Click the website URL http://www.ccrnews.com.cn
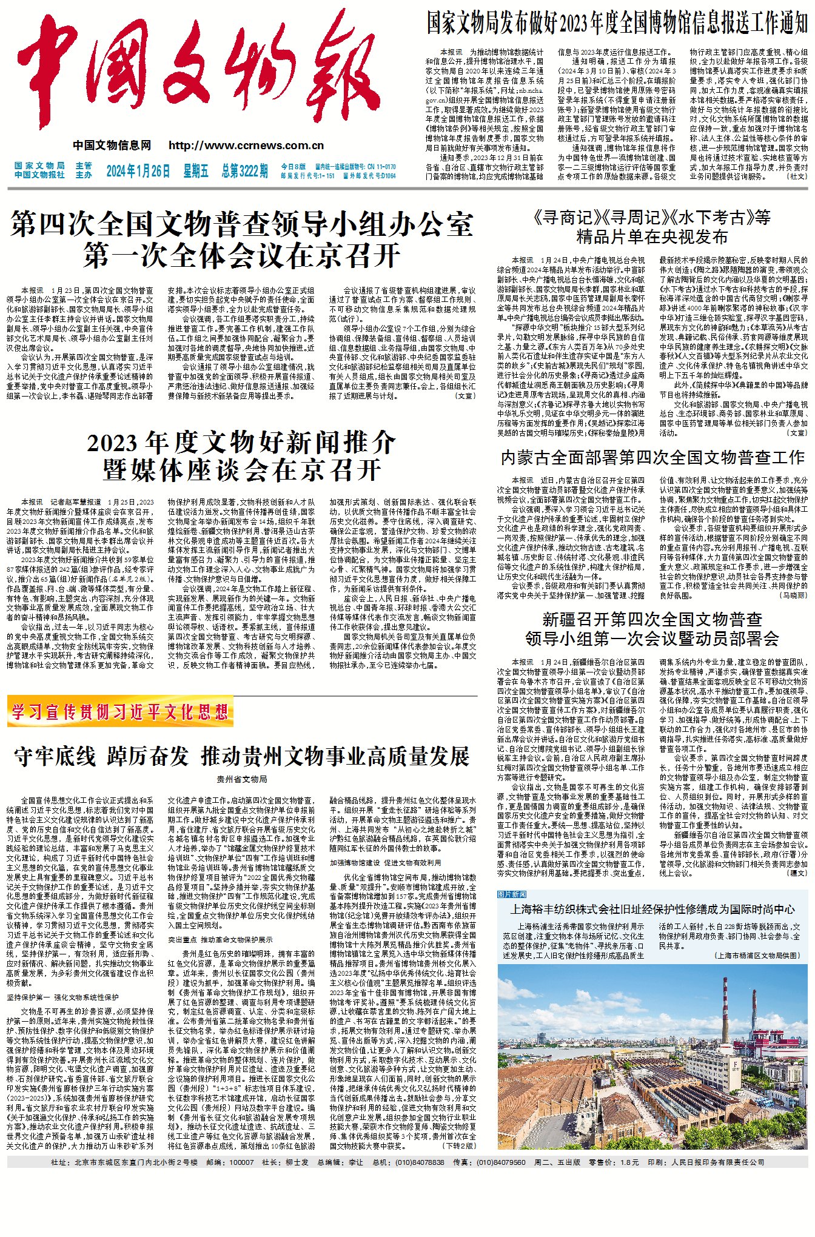(246, 146)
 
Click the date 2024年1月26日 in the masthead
(138, 171)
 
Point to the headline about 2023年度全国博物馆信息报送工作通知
(617, 23)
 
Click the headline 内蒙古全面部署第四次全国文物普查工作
(652, 457)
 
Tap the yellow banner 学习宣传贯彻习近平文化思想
(120, 712)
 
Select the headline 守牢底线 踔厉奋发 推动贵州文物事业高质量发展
(242, 756)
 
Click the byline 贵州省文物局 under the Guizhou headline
(241, 779)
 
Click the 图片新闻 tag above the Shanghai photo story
(512, 894)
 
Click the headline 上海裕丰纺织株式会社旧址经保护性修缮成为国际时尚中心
(652, 909)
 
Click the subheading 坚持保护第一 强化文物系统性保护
(63, 997)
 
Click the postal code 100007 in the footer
(242, 1162)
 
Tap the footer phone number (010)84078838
(420, 1162)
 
